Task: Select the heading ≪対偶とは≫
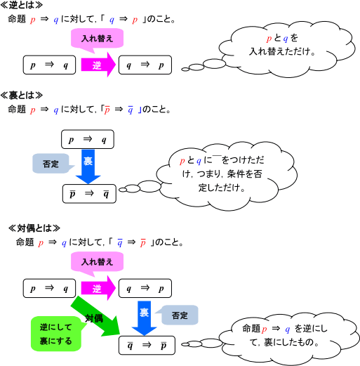pyautogui.click(x=34, y=228)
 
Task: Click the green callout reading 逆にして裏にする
pyautogui.click(x=56, y=333)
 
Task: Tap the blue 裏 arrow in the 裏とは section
pyautogui.click(x=88, y=164)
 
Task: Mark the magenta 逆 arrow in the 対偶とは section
pyautogui.click(x=98, y=289)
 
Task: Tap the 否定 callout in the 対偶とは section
pyautogui.click(x=178, y=315)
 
